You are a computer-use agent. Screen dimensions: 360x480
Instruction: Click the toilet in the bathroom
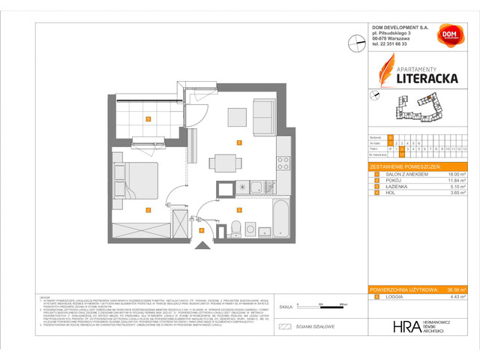coord(235,228)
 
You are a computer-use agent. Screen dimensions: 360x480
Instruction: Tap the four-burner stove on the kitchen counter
coord(283,160)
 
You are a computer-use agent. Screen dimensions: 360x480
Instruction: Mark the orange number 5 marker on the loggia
coord(148,118)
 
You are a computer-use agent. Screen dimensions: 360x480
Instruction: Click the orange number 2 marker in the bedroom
coord(148,210)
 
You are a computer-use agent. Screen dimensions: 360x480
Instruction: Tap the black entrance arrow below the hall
coord(200,244)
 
